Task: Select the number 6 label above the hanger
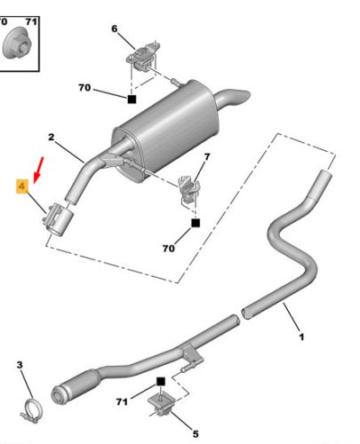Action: pyautogui.click(x=114, y=29)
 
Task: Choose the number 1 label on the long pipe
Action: pyautogui.click(x=300, y=337)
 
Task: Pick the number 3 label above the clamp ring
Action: pyautogui.click(x=20, y=365)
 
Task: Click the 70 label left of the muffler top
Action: pyautogui.click(x=85, y=89)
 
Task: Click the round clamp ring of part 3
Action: pyautogui.click(x=33, y=410)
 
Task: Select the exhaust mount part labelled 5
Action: pyautogui.click(x=162, y=404)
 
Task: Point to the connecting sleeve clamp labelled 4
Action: pyautogui.click(x=60, y=217)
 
